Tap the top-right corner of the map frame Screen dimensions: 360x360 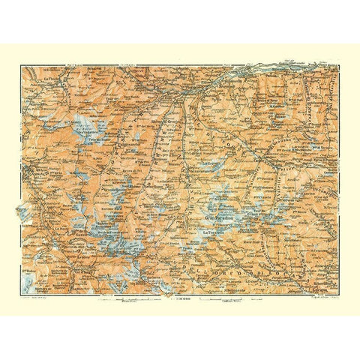[337, 66]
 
